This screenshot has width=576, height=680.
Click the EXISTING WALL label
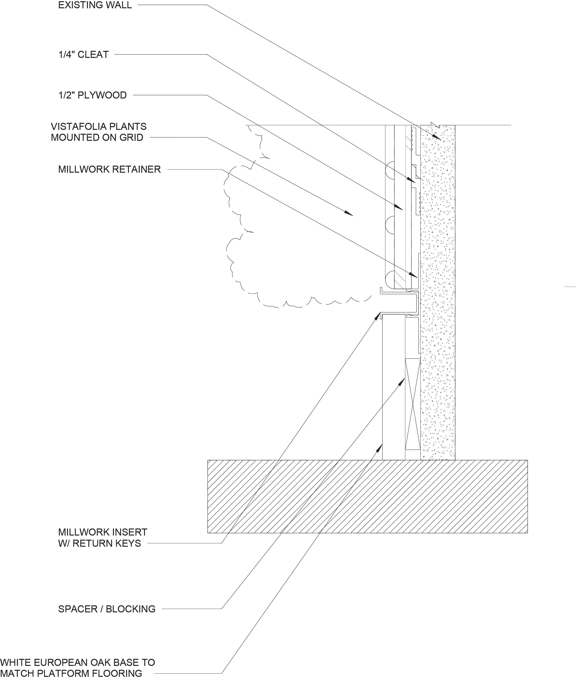coord(95,5)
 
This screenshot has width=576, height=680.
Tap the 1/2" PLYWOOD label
coord(92,95)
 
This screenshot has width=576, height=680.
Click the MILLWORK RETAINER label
coord(109,169)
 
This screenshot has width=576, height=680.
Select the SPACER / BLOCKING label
coord(107,609)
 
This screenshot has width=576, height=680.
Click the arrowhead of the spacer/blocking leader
coord(403,381)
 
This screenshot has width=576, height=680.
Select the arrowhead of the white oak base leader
coord(380,447)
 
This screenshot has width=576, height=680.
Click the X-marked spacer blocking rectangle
coord(412,404)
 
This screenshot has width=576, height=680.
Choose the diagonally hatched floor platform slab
coord(367,496)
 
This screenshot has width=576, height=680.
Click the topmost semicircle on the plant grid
coord(390,169)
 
